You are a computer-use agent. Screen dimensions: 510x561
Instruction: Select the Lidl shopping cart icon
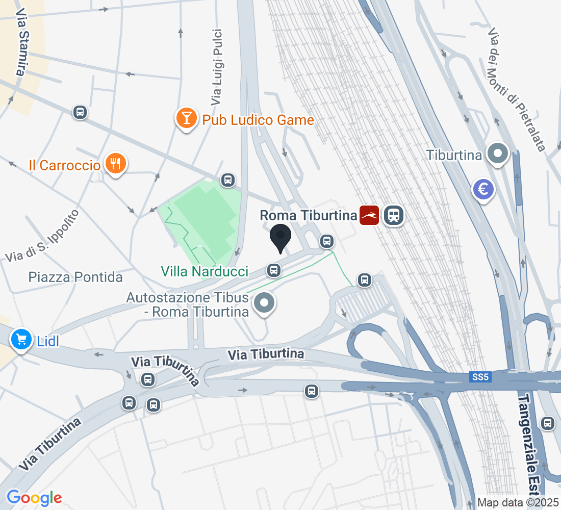pyautogui.click(x=21, y=339)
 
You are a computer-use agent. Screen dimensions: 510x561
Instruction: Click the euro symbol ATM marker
pyautogui.click(x=483, y=189)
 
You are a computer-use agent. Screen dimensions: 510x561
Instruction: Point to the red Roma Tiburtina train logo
pyautogui.click(x=369, y=215)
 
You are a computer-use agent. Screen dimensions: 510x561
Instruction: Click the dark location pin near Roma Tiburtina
pyautogui.click(x=280, y=237)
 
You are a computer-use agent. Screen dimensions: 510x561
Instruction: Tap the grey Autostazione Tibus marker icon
pyautogui.click(x=264, y=303)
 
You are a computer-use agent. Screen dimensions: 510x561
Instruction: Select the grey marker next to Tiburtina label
pyautogui.click(x=498, y=154)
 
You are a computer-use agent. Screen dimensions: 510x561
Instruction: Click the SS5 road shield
pyautogui.click(x=480, y=377)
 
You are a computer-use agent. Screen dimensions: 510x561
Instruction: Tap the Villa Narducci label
pyautogui.click(x=205, y=271)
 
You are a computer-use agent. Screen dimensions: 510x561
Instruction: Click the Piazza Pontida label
pyautogui.click(x=75, y=277)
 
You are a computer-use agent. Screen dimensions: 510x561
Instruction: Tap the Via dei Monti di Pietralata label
pyautogui.click(x=516, y=89)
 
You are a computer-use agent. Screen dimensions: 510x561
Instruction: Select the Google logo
pyautogui.click(x=34, y=497)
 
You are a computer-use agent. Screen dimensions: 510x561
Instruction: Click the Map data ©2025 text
pyautogui.click(x=518, y=502)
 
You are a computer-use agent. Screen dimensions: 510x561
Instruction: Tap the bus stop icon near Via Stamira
pyautogui.click(x=80, y=112)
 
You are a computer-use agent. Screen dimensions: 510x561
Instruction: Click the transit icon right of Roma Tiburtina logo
pyautogui.click(x=393, y=215)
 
